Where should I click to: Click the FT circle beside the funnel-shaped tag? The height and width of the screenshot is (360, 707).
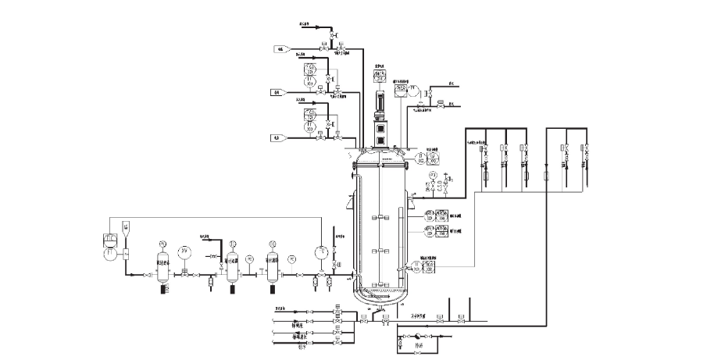(x=111, y=254)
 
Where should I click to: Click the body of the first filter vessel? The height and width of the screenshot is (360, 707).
(x=163, y=266)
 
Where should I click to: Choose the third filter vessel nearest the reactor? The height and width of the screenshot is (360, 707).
(x=273, y=266)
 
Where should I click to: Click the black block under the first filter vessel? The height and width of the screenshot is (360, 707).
(x=164, y=289)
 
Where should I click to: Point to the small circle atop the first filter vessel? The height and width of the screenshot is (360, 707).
(x=163, y=243)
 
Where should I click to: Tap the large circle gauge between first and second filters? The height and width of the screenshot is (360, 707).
(x=184, y=251)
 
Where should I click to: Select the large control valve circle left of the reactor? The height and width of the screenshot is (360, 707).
(x=320, y=251)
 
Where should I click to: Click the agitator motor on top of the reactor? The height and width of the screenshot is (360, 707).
(x=381, y=102)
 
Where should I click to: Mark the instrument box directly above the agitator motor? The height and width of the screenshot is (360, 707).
(x=380, y=76)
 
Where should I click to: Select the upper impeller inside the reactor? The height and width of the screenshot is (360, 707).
(x=380, y=217)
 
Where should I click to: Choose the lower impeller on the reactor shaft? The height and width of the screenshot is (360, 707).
(x=380, y=250)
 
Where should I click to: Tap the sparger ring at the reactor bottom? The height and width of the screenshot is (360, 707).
(x=380, y=294)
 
